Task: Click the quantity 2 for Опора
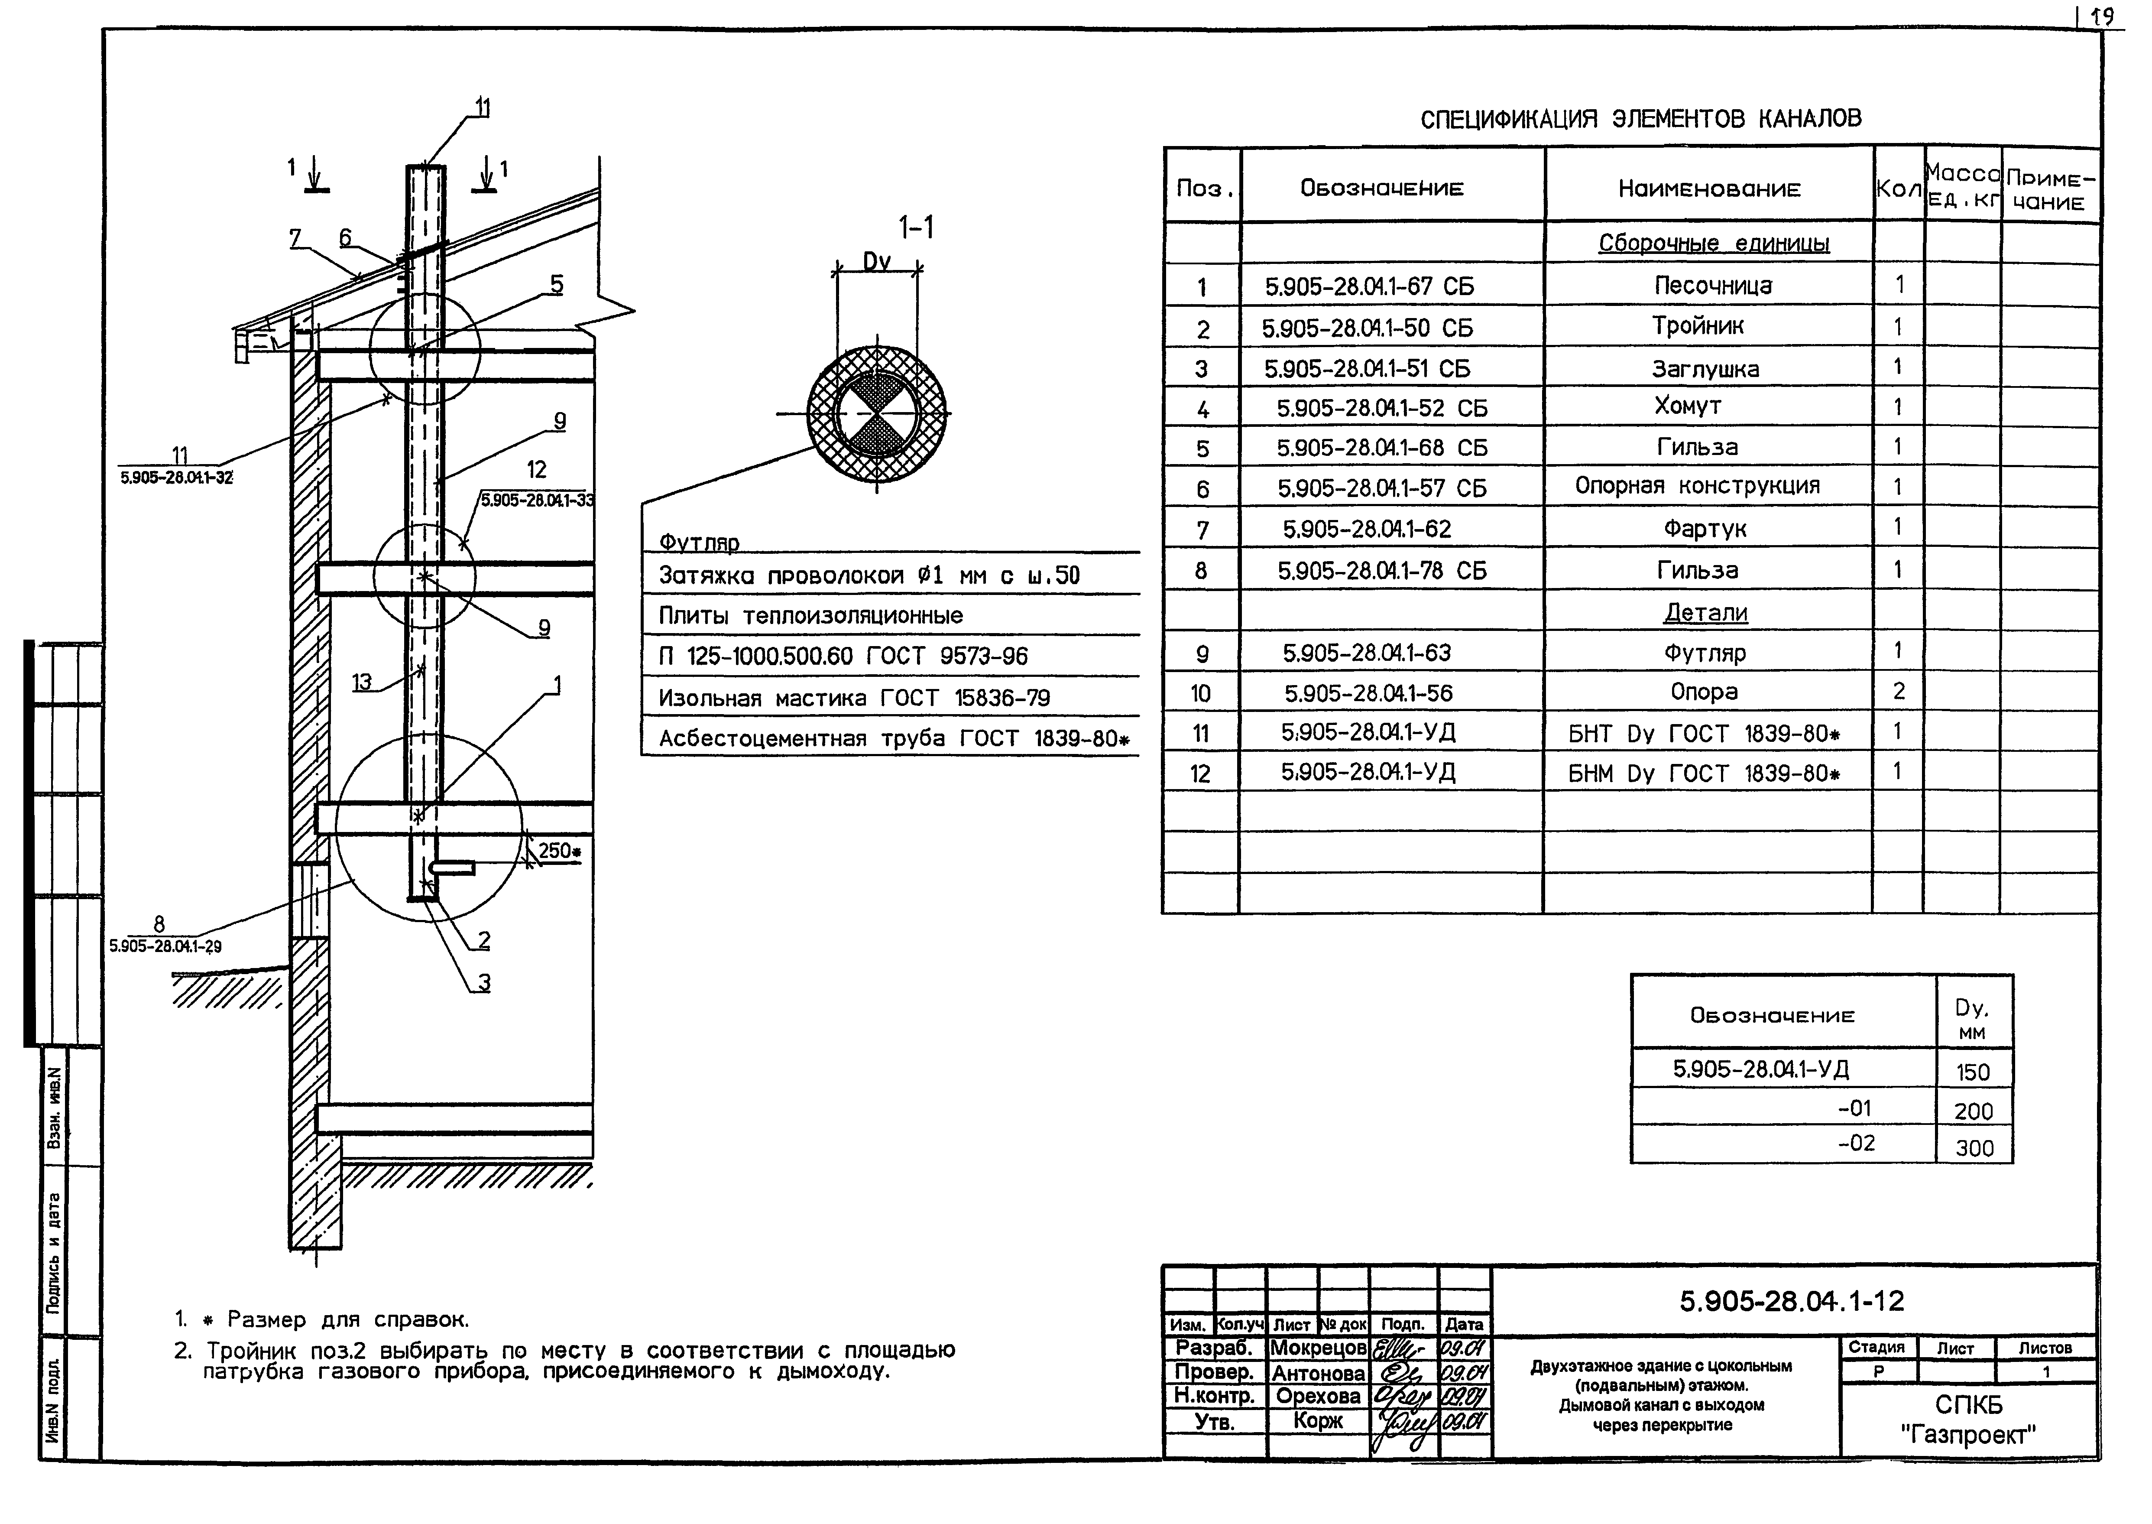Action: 1899,692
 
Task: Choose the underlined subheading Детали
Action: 1705,613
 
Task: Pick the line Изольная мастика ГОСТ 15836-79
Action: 854,698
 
